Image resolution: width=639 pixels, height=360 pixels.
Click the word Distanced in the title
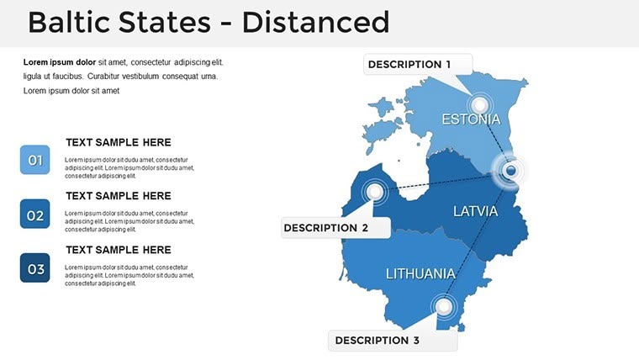click(315, 23)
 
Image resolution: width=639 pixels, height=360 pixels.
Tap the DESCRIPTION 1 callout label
click(409, 65)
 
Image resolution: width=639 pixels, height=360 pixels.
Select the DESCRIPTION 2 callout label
click(326, 228)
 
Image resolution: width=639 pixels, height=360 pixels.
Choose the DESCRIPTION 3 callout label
click(377, 341)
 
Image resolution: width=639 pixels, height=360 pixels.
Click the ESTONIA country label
click(471, 119)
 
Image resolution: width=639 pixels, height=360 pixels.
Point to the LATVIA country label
click(476, 211)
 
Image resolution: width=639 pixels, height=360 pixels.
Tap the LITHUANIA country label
click(420, 273)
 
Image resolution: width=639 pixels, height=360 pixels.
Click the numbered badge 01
click(35, 160)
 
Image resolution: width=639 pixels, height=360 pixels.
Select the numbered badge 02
click(35, 214)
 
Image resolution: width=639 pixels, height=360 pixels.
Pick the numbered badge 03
click(35, 269)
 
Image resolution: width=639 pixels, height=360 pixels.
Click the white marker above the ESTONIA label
click(479, 104)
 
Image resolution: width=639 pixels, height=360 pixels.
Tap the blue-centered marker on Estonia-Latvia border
click(510, 172)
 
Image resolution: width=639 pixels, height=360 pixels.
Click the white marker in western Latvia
click(375, 192)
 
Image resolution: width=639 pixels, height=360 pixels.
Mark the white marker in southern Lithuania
click(441, 306)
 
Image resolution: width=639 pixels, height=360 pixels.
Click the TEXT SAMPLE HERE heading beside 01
click(118, 143)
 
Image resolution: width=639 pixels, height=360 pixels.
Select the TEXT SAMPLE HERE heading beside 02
click(118, 196)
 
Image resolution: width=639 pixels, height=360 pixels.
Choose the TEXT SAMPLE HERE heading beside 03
click(118, 250)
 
